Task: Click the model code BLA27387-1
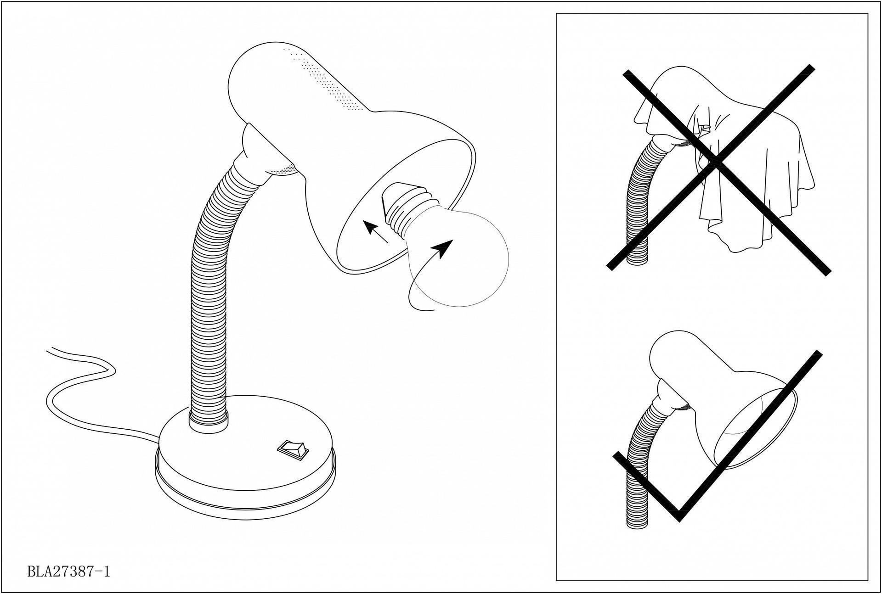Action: coord(69,572)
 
